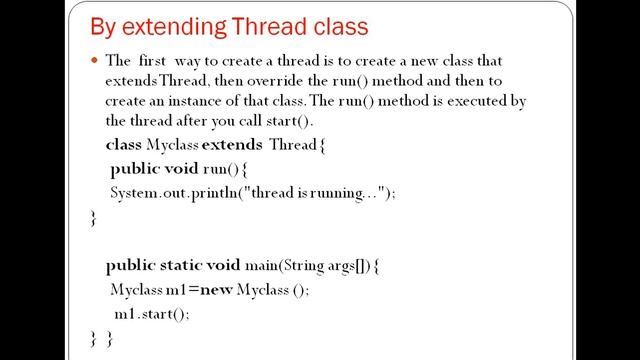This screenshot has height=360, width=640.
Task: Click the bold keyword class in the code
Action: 123,145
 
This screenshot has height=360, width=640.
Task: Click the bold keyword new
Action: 213,290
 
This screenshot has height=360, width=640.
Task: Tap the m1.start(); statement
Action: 150,313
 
